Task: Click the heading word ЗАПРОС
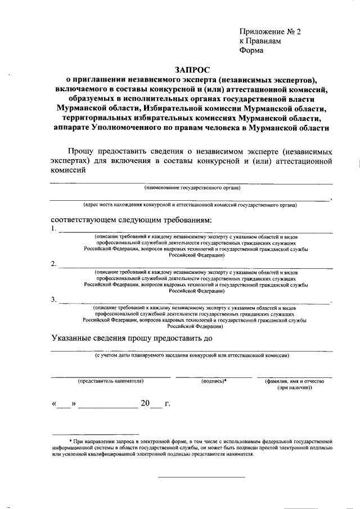191,69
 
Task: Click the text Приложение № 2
269,32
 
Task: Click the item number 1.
53,229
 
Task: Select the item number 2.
53,264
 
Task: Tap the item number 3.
53,299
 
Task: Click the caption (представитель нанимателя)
111,381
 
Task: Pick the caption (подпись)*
213,381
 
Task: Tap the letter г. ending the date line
167,404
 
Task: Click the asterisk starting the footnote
70,443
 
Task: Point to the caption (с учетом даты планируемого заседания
191,355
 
